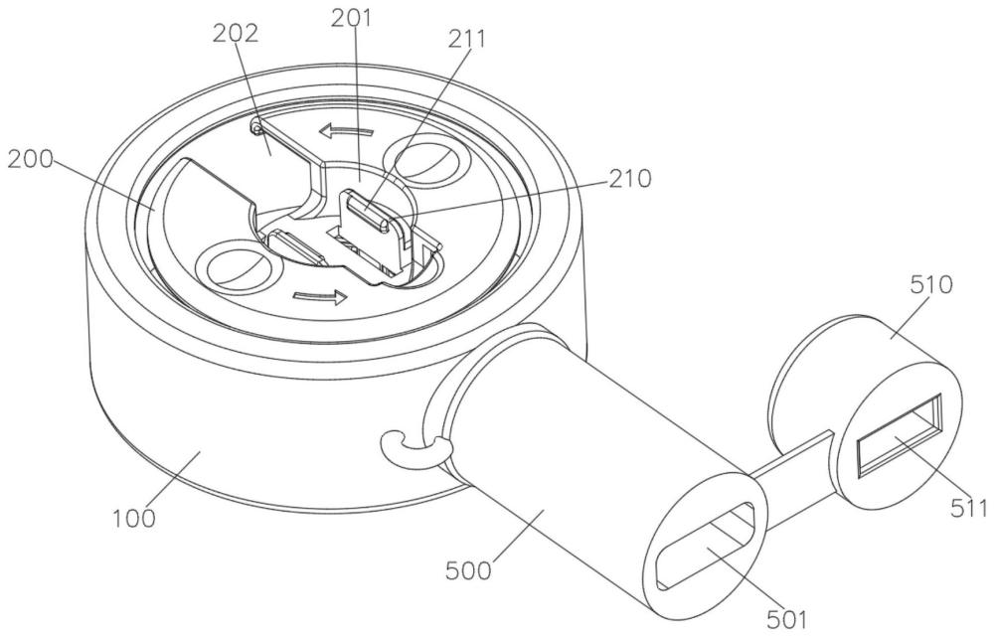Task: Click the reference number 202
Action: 236,34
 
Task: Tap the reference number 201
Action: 351,18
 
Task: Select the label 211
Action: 466,40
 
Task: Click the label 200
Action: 31,159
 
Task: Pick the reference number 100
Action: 134,518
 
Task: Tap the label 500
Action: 468,571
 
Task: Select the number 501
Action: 786,619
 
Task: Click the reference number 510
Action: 931,285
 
